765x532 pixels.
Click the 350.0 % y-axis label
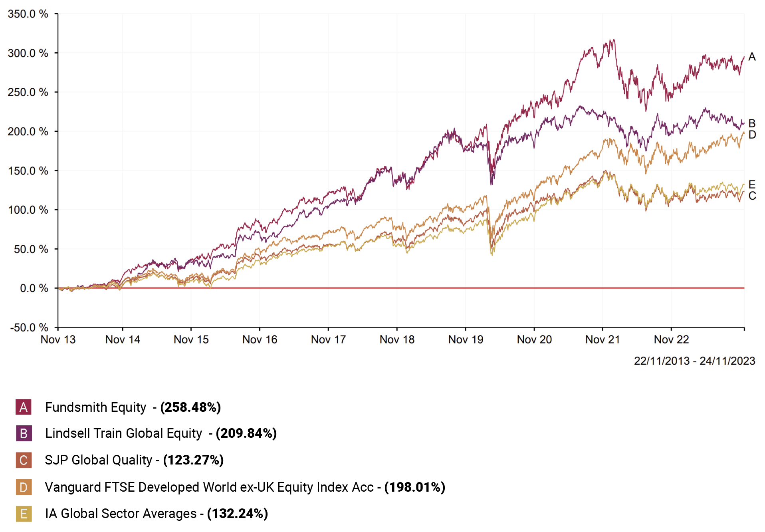28,14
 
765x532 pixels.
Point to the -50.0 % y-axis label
29,328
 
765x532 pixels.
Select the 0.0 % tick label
34,288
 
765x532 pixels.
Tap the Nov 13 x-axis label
58,339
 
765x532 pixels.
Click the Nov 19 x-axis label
466,339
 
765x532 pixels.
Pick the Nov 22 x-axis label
671,339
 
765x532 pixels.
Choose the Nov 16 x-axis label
260,339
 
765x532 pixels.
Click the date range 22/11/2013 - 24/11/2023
694,361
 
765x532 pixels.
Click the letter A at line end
752,57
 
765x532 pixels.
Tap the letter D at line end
752,135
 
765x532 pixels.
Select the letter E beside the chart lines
752,185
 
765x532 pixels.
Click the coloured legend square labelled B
24,433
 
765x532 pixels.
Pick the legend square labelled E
24,514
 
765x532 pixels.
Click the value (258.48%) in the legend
190,407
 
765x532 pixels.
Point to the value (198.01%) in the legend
414,487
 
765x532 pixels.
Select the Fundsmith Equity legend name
95,407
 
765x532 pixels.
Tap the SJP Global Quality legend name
98,460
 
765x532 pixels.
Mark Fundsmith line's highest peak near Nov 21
613,40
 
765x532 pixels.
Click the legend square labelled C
24,460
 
